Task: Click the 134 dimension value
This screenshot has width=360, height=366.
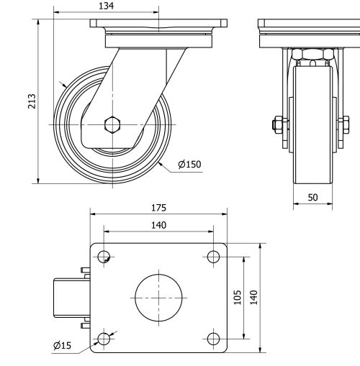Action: (x=106, y=6)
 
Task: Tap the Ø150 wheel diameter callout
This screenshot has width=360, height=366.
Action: (x=189, y=165)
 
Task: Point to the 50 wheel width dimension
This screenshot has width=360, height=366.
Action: (x=312, y=197)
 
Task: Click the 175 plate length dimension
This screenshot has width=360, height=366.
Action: (x=158, y=208)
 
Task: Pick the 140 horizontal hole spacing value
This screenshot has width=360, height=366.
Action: (x=158, y=225)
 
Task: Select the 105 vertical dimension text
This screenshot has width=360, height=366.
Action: (x=238, y=297)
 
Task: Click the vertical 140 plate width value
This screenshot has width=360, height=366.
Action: (x=254, y=297)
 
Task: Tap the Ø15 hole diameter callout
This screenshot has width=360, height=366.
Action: (x=62, y=346)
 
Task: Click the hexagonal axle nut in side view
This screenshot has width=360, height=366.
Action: (x=112, y=124)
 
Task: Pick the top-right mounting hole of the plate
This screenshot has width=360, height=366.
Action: (x=212, y=257)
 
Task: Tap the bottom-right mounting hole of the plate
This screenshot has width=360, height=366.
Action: (x=212, y=338)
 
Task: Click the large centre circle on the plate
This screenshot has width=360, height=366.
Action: (x=158, y=297)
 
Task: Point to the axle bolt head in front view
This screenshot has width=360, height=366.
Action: (x=276, y=124)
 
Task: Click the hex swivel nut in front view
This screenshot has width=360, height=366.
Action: (x=312, y=55)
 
